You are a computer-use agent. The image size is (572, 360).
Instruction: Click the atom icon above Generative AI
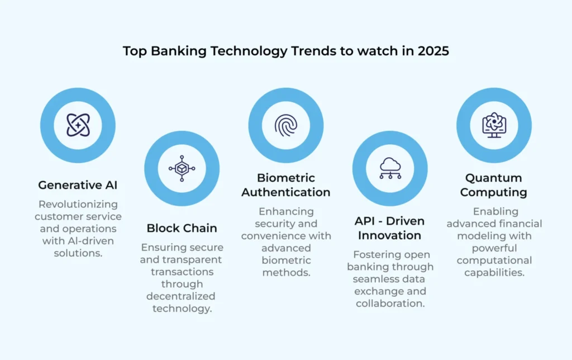pos(78,125)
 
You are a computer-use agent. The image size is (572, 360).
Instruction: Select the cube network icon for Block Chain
pos(182,168)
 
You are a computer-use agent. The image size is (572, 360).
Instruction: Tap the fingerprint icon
pos(285,125)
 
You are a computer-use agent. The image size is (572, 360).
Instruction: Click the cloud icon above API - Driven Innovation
pos(389,168)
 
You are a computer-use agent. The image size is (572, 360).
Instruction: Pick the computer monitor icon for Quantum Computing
pos(494,125)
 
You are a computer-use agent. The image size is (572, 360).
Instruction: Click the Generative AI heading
pos(78,185)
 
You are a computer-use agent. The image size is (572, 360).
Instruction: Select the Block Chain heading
pos(182,228)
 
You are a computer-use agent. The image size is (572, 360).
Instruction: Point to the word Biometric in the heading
pos(286,178)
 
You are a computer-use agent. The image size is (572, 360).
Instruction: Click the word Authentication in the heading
pos(286,192)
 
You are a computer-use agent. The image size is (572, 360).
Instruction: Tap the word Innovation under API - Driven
pos(389,235)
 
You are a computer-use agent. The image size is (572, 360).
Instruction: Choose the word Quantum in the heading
pos(494,178)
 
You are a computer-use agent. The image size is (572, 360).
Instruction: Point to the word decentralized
pos(182,296)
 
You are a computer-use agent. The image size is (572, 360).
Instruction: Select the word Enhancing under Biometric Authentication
pos(286,212)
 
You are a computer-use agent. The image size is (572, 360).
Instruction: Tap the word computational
pos(494,260)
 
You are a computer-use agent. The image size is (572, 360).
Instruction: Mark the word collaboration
pos(390,304)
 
